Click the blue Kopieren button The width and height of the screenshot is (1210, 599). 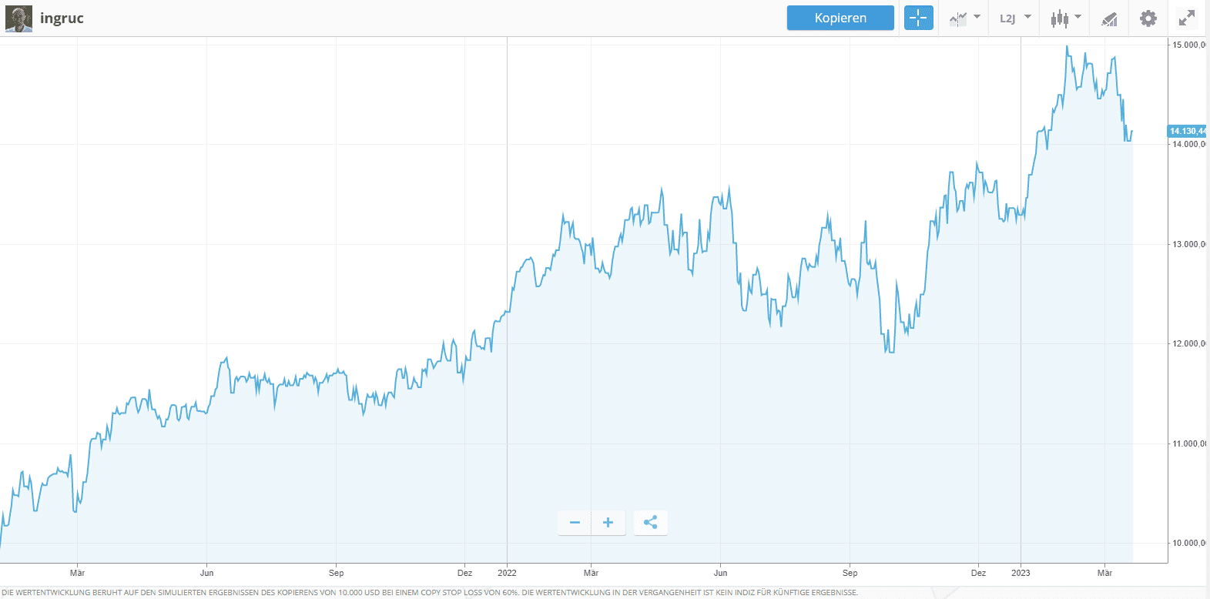pos(840,18)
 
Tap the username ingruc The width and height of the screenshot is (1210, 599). pos(62,18)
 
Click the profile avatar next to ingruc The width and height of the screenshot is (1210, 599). pos(18,18)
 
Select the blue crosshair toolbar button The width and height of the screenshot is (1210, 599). pos(918,18)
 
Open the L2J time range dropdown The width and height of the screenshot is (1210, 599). pos(1014,18)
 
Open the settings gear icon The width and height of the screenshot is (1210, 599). pos(1148,18)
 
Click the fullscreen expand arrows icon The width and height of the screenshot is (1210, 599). pos(1187,18)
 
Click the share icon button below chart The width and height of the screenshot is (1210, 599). pos(651,523)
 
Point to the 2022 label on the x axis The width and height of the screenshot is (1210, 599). pos(507,573)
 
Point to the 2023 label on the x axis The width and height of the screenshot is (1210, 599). pos(1021,573)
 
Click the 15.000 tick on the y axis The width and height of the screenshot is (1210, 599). pos(1188,45)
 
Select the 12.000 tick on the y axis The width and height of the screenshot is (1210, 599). pos(1188,343)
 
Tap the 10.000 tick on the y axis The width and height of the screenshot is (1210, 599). pos(1188,543)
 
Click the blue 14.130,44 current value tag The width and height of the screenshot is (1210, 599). pos(1188,131)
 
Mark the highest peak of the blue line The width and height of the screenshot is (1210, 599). pos(1067,46)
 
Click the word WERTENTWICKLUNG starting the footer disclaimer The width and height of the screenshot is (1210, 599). pos(50,593)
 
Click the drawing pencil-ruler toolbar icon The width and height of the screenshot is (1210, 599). pos(1109,18)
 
